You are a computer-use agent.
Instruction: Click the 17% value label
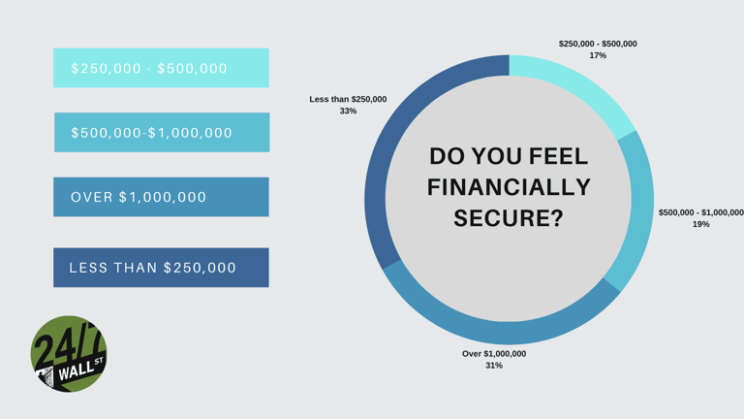598,56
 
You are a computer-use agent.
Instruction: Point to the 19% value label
700,224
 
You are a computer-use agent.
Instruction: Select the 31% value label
494,366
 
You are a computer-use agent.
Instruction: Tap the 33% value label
348,112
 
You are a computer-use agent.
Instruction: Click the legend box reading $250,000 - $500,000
161,68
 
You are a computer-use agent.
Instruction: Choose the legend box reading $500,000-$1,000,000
161,132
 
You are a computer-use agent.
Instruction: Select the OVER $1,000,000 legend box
161,197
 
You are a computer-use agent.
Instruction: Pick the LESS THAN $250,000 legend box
161,268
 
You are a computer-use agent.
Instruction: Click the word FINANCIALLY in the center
509,187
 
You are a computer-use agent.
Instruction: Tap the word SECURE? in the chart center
509,218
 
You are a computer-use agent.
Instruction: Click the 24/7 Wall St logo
69,353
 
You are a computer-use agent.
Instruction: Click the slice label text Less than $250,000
348,99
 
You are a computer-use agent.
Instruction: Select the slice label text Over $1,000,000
494,354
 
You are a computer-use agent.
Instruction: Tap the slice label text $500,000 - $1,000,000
700,212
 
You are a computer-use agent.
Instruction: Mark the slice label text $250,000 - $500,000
598,44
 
